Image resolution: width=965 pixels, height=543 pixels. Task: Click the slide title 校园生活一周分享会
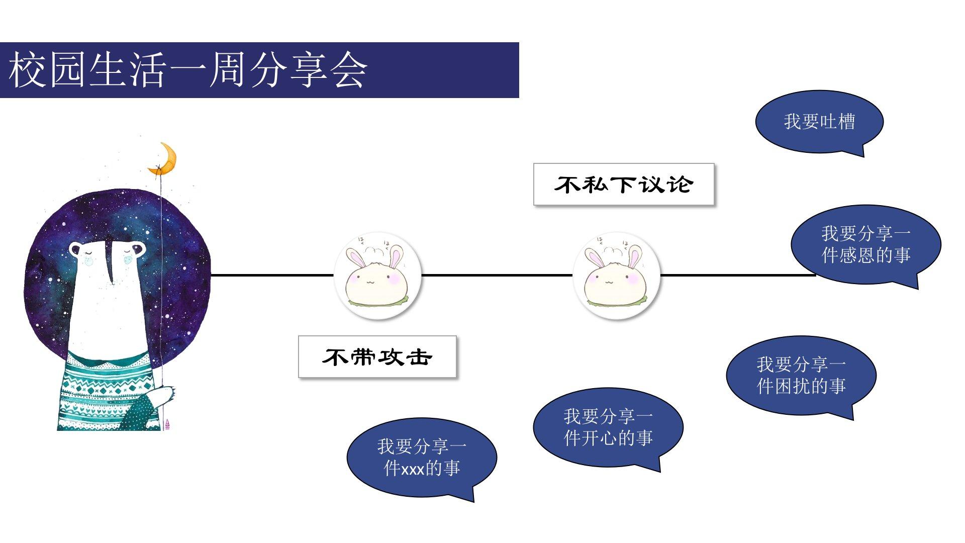point(188,70)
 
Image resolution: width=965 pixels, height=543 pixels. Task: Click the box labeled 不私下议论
point(624,184)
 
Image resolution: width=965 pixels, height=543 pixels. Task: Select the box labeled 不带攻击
point(377,356)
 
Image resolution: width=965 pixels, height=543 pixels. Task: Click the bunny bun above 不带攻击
point(377,276)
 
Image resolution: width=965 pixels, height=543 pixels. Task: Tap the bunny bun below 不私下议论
point(616,276)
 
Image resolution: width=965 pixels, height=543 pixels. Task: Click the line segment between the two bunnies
point(497,275)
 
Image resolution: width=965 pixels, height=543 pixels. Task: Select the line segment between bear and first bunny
point(272,275)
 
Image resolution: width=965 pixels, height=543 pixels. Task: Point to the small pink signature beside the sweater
point(167,423)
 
